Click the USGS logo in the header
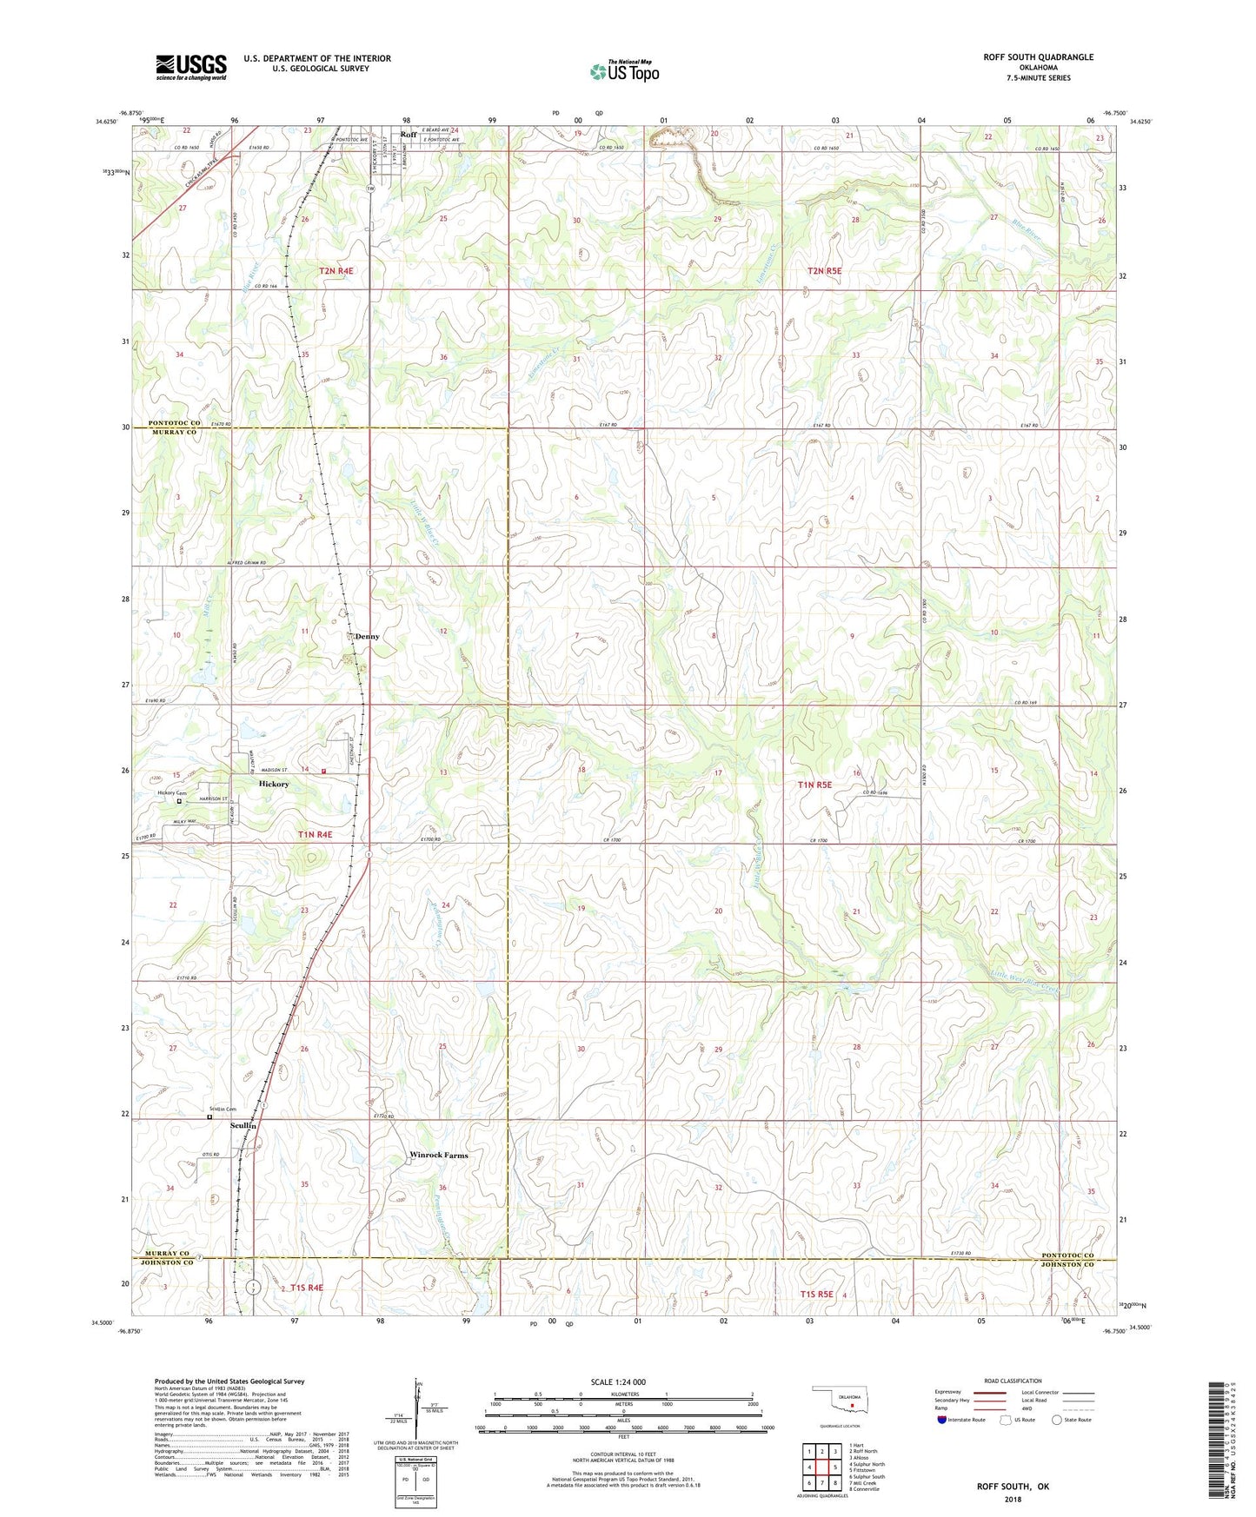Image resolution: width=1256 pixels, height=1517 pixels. click(x=190, y=67)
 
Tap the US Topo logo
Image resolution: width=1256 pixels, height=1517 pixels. click(x=623, y=71)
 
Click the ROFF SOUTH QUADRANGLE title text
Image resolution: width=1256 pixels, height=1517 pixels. click(x=1038, y=57)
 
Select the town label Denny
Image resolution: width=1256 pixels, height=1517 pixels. click(x=366, y=637)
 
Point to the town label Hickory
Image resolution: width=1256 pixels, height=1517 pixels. click(x=274, y=784)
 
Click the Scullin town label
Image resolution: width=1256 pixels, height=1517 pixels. click(x=243, y=1125)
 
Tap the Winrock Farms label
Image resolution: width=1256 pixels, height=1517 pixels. click(x=438, y=1156)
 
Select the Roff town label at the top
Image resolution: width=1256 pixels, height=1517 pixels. click(x=408, y=135)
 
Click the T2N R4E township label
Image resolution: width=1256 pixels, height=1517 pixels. click(x=336, y=271)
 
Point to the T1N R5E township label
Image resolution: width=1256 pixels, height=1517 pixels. click(x=814, y=785)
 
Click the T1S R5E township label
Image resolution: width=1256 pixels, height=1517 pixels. click(x=816, y=1295)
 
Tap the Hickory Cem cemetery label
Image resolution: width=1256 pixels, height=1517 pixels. click(x=171, y=793)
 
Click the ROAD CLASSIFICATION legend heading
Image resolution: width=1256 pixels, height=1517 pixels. click(x=1013, y=1381)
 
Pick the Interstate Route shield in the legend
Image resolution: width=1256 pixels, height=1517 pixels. click(x=942, y=1421)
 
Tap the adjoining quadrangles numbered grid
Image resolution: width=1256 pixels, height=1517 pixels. click(x=821, y=1470)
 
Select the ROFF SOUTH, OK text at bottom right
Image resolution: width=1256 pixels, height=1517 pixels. click(x=1013, y=1487)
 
